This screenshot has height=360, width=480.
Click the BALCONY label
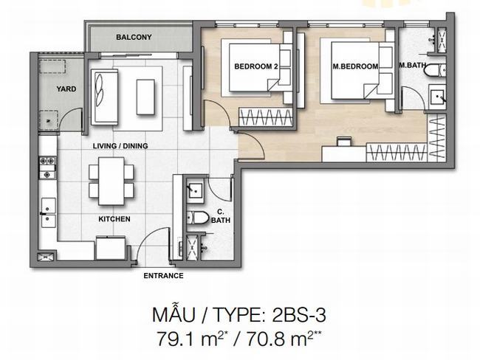134,38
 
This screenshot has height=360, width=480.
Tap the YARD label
66,89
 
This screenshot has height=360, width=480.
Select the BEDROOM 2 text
256,66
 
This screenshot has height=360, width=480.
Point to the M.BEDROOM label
355,66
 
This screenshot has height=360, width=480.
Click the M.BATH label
412,65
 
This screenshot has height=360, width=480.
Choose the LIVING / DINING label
120,146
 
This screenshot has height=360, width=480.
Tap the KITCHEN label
114,219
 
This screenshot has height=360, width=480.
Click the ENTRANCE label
163,276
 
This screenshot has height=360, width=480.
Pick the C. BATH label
220,216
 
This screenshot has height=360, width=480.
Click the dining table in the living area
111,181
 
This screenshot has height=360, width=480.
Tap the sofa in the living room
104,97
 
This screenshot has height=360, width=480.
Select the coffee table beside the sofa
145,97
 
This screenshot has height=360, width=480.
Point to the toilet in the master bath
435,70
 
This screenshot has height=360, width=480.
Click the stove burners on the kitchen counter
47,167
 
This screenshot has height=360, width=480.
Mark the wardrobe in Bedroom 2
265,117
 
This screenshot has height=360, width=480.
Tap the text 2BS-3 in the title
299,315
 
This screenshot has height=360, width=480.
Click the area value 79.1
176,339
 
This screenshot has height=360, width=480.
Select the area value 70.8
265,339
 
